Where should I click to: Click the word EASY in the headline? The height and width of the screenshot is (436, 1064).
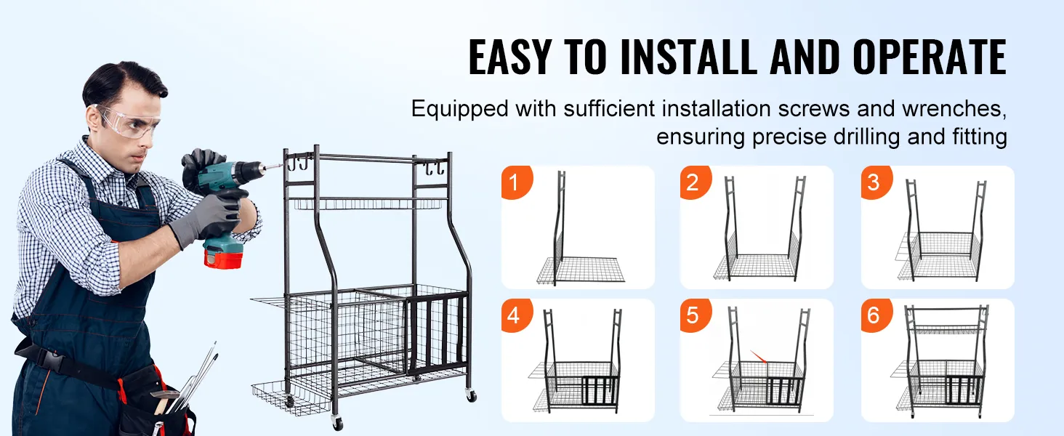coord(509,57)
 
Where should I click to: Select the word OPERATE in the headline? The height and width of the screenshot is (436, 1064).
coord(930,57)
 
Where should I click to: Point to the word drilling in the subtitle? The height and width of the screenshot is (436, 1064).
coord(866,137)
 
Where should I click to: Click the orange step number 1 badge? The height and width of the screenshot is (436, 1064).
coord(516,182)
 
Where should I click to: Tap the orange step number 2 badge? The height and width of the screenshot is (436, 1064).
coord(695,182)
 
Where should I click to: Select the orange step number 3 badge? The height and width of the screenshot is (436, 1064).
coord(876,182)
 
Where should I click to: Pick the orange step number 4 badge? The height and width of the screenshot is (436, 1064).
coord(516,315)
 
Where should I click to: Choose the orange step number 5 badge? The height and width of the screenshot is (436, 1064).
coord(695,315)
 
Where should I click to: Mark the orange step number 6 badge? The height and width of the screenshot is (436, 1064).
coord(876,315)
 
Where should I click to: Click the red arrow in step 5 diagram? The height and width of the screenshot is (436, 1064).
coord(758,356)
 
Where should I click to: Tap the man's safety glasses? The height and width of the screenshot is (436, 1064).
coord(127,121)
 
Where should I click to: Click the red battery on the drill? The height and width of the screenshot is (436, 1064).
coord(223,257)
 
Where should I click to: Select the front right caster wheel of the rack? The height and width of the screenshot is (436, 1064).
coord(471,395)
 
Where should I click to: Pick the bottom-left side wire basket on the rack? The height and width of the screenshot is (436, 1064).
coord(291,398)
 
